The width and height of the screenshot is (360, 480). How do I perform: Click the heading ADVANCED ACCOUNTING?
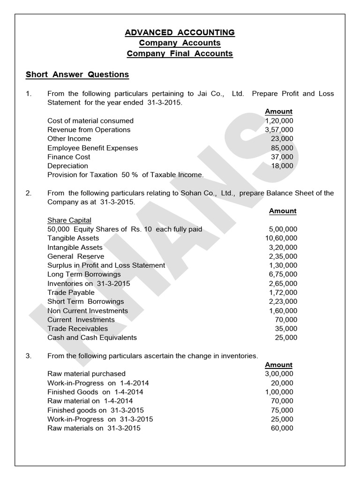click(180, 32)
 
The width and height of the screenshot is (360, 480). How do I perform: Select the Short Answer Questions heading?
click(77, 75)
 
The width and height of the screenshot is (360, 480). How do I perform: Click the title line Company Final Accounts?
click(180, 53)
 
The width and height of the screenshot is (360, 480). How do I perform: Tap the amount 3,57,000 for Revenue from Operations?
click(279, 130)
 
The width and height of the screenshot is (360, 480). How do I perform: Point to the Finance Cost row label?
click(69, 157)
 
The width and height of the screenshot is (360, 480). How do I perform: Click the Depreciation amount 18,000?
click(282, 166)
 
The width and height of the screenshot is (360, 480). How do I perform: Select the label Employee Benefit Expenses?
click(93, 148)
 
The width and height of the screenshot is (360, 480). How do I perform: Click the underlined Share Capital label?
click(69, 220)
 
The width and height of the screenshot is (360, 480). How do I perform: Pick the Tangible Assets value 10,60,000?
click(281, 238)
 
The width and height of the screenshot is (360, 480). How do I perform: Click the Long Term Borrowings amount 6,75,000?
click(283, 274)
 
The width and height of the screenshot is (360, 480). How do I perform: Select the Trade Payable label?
click(71, 292)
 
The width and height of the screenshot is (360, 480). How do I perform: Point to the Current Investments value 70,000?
click(286, 320)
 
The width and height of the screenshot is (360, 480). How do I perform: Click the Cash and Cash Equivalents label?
click(92, 337)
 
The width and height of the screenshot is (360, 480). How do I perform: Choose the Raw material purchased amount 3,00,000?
click(279, 374)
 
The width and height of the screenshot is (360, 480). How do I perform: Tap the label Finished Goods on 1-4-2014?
click(95, 392)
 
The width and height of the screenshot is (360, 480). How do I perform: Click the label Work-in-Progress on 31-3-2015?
click(100, 419)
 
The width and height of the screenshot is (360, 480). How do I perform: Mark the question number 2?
click(29, 193)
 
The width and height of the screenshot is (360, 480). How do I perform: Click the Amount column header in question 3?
click(278, 365)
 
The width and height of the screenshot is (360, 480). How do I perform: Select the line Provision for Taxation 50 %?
click(126, 175)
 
